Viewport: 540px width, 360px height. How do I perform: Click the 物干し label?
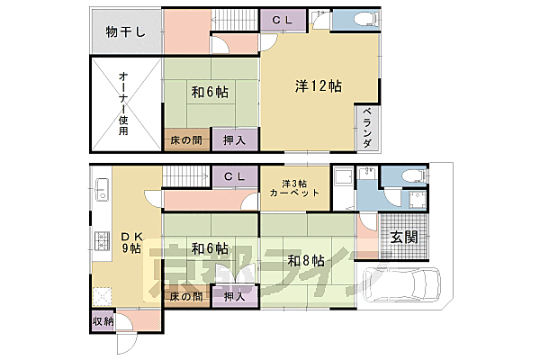tap(125, 33)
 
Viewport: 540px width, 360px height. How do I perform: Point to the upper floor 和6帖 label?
tap(209, 93)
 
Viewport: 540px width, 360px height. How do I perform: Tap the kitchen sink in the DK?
tap(101, 191)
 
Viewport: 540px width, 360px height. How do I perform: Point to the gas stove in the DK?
tap(101, 241)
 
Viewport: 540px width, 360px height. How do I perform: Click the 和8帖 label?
tap(306, 261)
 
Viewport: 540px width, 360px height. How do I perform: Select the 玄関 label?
tap(402, 238)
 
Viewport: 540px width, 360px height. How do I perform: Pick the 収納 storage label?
tap(103, 321)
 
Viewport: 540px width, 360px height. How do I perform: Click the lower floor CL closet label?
tap(236, 176)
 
